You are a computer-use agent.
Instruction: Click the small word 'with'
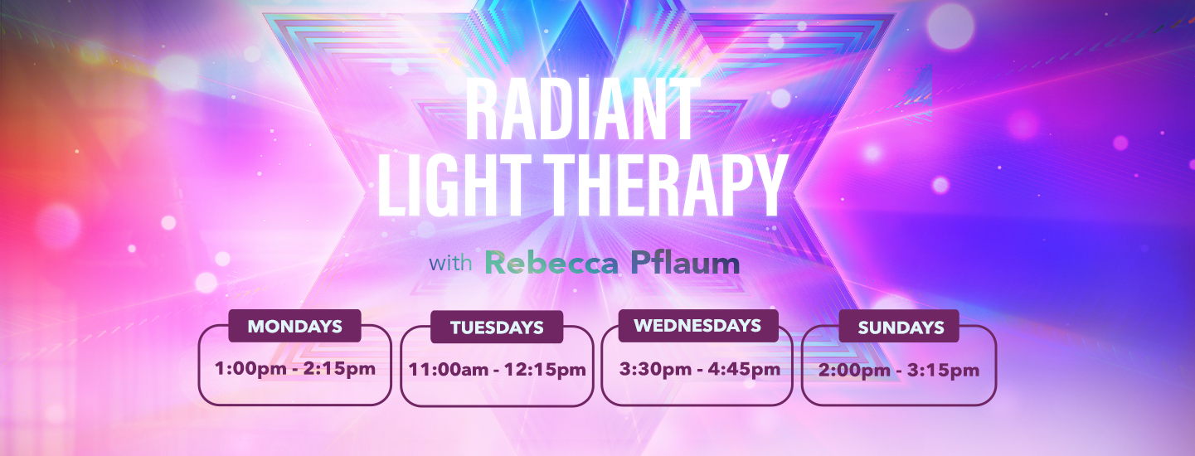click(450, 264)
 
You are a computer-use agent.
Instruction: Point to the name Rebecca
click(551, 264)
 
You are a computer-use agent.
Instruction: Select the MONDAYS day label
click(294, 327)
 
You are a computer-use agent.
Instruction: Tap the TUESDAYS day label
click(497, 328)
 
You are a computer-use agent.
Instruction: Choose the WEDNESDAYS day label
click(697, 326)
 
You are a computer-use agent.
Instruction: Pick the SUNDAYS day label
click(901, 327)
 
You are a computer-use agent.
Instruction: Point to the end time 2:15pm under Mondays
click(342, 368)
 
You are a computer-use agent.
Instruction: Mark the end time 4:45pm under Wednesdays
click(747, 369)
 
